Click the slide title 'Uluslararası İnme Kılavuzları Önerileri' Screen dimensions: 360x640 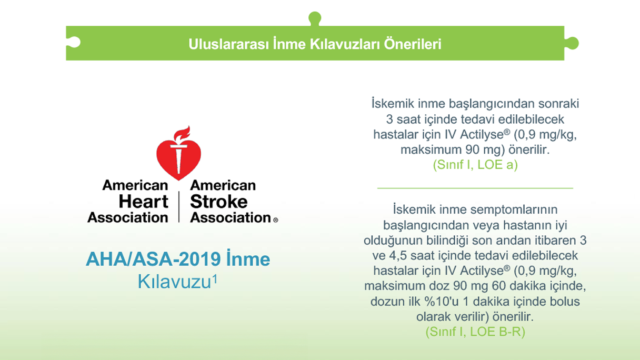pyautogui.click(x=315, y=44)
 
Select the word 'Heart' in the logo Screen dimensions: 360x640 pyautogui.click(x=143, y=202)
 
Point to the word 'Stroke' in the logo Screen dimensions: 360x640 pyautogui.click(x=218, y=202)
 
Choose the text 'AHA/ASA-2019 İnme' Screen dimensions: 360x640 pyautogui.click(x=178, y=259)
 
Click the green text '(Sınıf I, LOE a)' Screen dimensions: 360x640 pyautogui.click(x=475, y=165)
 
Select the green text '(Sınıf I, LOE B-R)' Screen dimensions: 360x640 pyautogui.click(x=475, y=332)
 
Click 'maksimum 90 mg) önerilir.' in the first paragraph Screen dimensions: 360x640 pyautogui.click(x=475, y=149)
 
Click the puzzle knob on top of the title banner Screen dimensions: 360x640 pyautogui.click(x=315, y=19)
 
